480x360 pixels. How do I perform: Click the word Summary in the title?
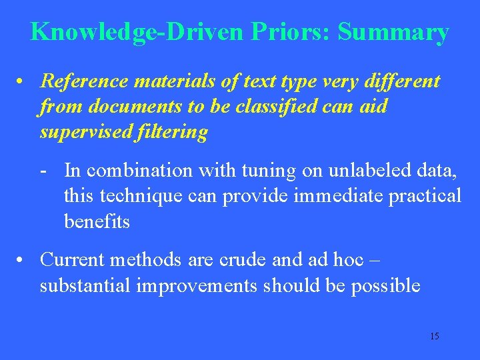point(393,32)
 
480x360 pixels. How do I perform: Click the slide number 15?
point(434,336)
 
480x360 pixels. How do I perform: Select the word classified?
point(271,107)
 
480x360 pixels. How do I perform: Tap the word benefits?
point(97,221)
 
